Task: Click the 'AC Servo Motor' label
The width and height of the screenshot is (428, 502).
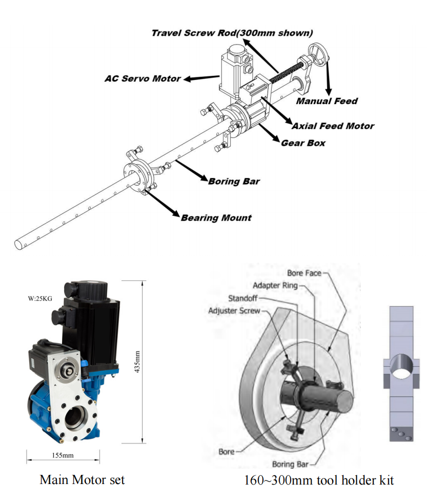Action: [143, 78]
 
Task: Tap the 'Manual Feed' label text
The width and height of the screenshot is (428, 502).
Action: [327, 101]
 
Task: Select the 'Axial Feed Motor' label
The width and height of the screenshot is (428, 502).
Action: [333, 126]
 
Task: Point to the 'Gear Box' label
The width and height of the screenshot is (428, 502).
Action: [303, 143]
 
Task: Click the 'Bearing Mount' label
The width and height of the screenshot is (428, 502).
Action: [216, 218]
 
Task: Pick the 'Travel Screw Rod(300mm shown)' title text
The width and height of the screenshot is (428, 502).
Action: [232, 33]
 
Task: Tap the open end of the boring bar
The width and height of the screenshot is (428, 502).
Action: [19, 245]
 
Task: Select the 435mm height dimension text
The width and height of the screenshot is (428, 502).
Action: [137, 362]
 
